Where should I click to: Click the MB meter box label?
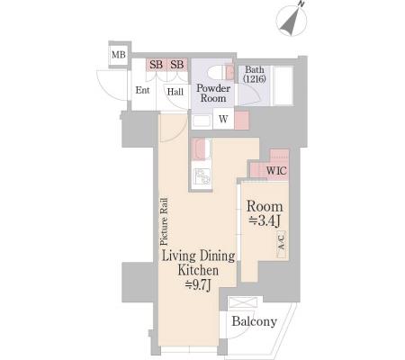(x=119, y=55)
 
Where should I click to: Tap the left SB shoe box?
(x=157, y=65)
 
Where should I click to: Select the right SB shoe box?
(x=177, y=65)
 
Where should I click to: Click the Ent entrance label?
(x=142, y=90)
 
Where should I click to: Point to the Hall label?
(x=175, y=92)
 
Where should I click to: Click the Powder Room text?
(x=213, y=93)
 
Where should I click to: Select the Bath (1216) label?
(x=255, y=74)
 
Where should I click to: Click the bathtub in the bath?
(x=283, y=85)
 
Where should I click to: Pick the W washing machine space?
(x=223, y=119)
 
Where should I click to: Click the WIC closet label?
(x=276, y=171)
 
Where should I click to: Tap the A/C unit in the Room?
(x=282, y=245)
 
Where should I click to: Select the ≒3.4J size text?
(x=265, y=221)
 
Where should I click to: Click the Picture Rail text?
(x=164, y=221)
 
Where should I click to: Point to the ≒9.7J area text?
(x=198, y=284)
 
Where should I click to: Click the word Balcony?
(x=255, y=321)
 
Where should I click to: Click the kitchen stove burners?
(x=202, y=176)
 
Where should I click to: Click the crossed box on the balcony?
(x=243, y=302)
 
